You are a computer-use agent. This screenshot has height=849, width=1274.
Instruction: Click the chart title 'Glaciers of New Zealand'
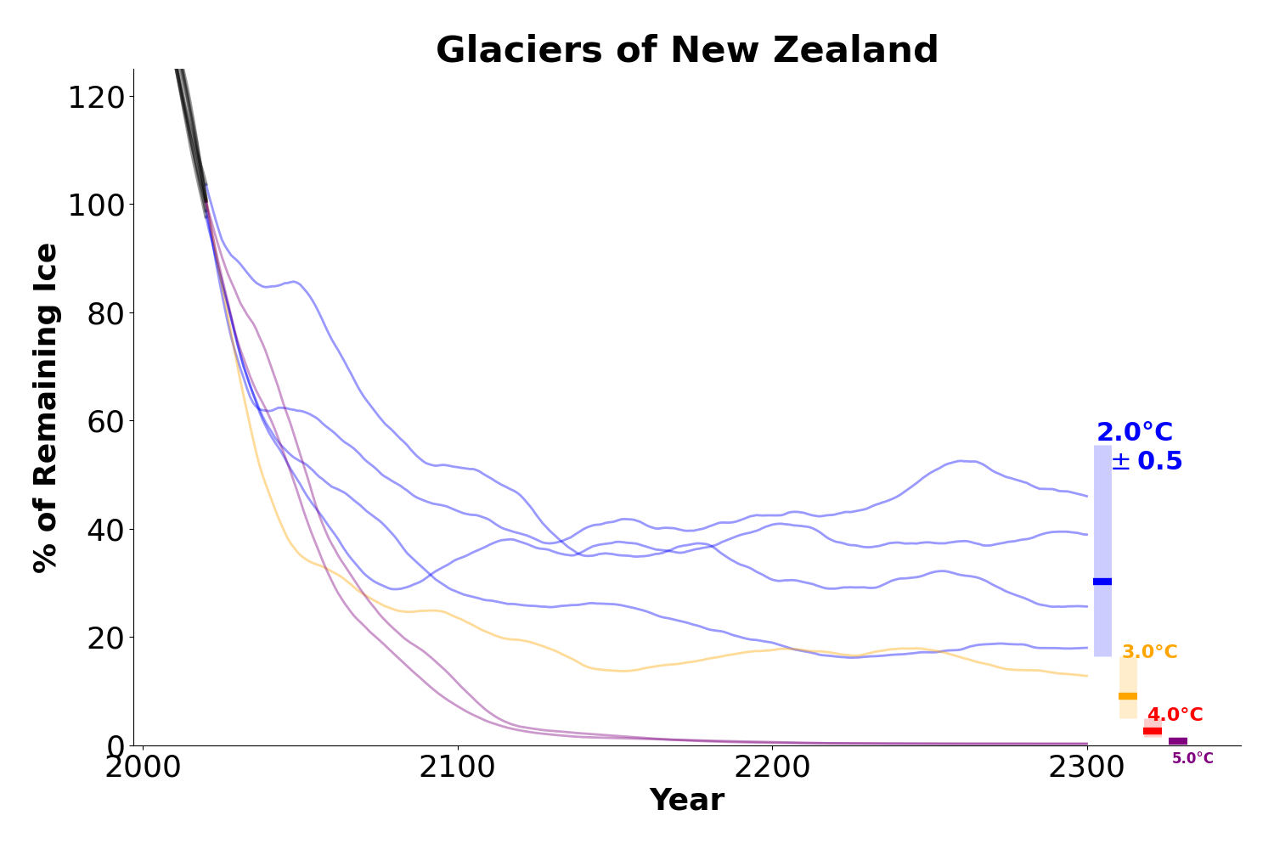click(686, 51)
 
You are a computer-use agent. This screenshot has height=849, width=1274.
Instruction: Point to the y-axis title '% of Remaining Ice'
click(47, 408)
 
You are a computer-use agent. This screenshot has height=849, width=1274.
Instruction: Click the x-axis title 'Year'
click(686, 801)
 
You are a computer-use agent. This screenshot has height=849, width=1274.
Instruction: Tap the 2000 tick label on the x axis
click(143, 768)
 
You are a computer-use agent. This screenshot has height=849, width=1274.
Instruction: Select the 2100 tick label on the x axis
click(458, 768)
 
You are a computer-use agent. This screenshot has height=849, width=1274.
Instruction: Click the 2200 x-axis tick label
click(772, 768)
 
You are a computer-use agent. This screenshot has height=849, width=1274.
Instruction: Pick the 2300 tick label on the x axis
click(1087, 768)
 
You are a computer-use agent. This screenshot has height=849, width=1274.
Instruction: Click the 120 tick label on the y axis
click(96, 97)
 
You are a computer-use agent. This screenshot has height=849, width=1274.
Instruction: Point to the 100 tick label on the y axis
click(96, 205)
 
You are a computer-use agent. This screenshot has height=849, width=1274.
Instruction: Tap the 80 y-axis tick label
click(106, 313)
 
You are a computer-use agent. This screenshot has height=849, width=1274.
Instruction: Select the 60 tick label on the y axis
click(106, 421)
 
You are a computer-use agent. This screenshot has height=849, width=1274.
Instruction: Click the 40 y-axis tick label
click(106, 529)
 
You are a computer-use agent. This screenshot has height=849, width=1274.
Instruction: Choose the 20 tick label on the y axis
click(106, 638)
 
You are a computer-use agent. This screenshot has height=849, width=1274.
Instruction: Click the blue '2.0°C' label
click(1135, 433)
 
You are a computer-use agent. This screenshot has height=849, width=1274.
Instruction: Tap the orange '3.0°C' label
click(1149, 652)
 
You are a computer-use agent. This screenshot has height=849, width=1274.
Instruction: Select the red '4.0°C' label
click(1175, 715)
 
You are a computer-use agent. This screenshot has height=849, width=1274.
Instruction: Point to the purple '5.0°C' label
click(1192, 759)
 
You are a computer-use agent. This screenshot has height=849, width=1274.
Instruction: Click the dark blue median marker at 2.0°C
click(1102, 582)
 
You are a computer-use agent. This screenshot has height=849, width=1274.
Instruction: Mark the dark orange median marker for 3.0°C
click(1128, 696)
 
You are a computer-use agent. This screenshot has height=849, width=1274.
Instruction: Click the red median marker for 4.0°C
click(1153, 731)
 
